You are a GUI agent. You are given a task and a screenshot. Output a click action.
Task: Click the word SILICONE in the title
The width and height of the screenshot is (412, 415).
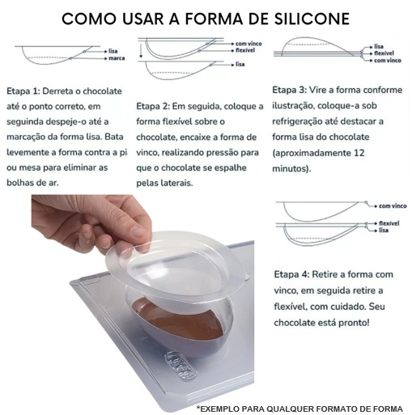pyautogui.click(x=312, y=19)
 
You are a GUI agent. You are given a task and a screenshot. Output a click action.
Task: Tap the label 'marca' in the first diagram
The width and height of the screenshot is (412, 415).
pyautogui.click(x=117, y=58)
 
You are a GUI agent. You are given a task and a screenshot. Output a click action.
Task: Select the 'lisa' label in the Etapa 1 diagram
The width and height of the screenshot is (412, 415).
pyautogui.click(x=113, y=51)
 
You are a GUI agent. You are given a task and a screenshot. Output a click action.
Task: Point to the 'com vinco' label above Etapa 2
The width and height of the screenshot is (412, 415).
pyautogui.click(x=248, y=44)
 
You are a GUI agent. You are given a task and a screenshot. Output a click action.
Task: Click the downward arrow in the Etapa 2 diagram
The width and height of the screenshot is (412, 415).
pyautogui.click(x=141, y=51)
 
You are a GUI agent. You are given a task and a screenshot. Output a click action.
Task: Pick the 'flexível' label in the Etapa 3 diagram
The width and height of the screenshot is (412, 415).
pyautogui.click(x=384, y=53)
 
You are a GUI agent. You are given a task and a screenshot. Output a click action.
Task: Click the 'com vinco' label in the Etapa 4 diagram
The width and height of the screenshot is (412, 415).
pyautogui.click(x=393, y=206)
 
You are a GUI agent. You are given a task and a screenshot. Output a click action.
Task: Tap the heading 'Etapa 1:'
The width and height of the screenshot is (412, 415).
pyautogui.click(x=23, y=91)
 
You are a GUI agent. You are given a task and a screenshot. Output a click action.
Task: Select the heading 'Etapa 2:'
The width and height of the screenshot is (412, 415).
pyautogui.click(x=153, y=106)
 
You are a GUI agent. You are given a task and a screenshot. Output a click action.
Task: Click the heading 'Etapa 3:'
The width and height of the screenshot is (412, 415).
pyautogui.click(x=289, y=90)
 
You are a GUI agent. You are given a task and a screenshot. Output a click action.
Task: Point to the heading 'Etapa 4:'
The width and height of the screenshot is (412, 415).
pyautogui.click(x=291, y=274)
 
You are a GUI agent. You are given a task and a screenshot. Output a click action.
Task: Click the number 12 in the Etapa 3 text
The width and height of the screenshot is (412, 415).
pyautogui.click(x=359, y=153)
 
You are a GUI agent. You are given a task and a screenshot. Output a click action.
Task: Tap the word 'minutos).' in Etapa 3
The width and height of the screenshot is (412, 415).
pyautogui.click(x=291, y=169)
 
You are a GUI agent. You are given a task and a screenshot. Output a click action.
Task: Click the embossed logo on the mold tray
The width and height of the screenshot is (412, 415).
pyautogui.click(x=181, y=366)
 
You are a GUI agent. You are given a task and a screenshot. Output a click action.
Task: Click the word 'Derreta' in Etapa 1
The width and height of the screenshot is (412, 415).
pyautogui.click(x=58, y=91)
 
